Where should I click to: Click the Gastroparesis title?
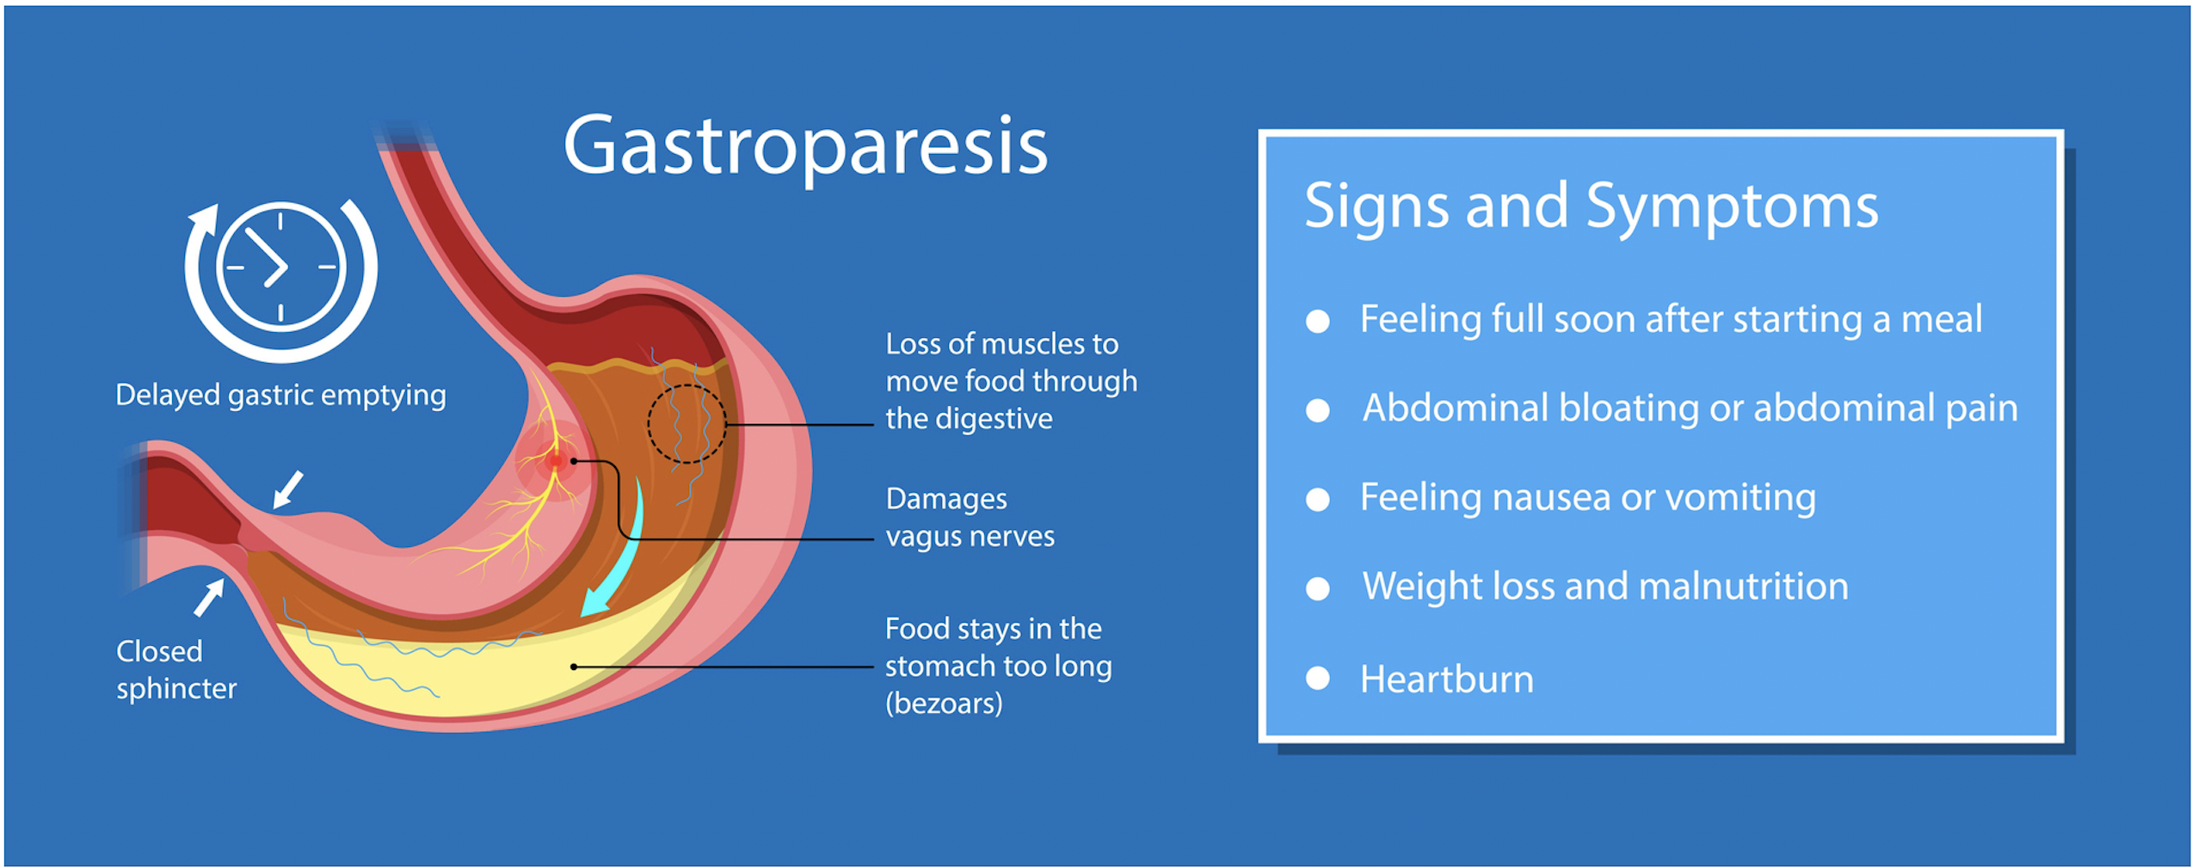[805, 146]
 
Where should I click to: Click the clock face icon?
[280, 267]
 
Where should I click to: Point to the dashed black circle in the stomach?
[687, 423]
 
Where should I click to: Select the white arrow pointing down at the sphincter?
[287, 489]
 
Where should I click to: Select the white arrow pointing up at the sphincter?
[209, 597]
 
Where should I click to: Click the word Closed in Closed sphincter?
[159, 651]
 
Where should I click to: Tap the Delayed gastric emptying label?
[280, 395]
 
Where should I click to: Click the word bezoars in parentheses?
[944, 704]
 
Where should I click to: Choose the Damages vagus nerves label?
[969, 517]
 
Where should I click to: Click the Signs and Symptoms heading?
[1591, 206]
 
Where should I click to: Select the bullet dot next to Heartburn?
[1317, 679]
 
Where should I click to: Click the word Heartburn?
[1446, 679]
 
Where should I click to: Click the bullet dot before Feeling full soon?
[1317, 321]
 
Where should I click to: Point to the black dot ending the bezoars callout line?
[574, 667]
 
